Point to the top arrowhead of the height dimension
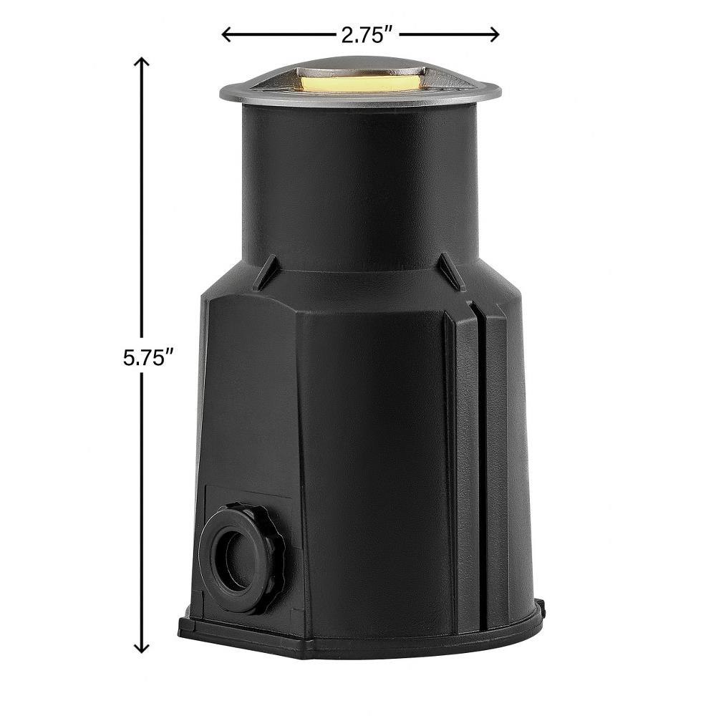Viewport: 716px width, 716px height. pos(142,62)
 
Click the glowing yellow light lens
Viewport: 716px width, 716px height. pos(360,83)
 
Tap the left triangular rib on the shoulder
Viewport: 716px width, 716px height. pos(266,272)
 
